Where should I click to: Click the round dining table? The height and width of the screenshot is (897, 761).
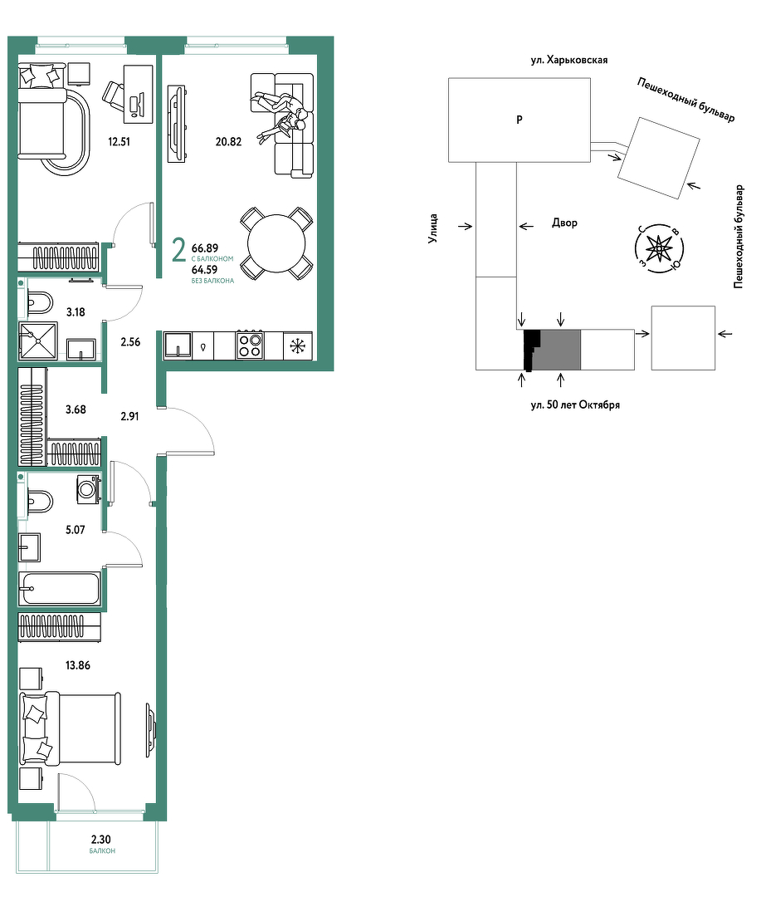[276, 243]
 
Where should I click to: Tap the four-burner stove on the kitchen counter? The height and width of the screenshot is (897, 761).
[250, 346]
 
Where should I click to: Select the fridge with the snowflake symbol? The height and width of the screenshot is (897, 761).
[298, 346]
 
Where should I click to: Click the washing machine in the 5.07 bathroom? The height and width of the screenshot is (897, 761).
[89, 490]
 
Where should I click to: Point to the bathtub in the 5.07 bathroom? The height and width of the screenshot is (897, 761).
[60, 588]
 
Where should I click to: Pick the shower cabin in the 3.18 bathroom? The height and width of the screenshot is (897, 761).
[37, 341]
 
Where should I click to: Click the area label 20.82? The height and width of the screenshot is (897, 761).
[228, 141]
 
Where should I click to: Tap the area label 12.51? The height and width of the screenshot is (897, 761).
[119, 141]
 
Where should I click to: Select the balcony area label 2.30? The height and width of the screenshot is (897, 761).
[101, 839]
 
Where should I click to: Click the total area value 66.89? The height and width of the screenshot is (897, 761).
[205, 248]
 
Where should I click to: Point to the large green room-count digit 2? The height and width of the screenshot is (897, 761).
[179, 250]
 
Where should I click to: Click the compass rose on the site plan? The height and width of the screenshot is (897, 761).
[659, 248]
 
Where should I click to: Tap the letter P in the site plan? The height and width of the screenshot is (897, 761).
[520, 120]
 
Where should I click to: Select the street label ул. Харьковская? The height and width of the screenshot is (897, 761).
[569, 60]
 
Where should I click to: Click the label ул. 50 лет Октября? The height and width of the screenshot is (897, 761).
[575, 404]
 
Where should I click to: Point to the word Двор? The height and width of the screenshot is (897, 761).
[564, 223]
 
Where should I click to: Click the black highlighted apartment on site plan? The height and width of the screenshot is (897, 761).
[532, 350]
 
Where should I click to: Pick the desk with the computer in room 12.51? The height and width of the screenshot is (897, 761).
[139, 94]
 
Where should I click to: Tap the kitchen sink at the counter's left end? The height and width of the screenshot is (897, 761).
[178, 346]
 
